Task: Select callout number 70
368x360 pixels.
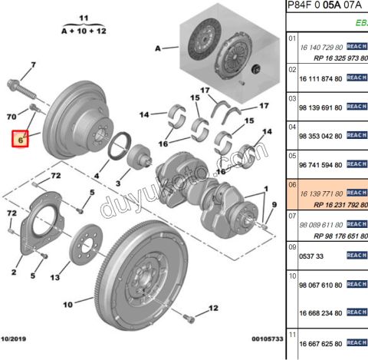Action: point(11,116)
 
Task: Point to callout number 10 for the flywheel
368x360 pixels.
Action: point(67,303)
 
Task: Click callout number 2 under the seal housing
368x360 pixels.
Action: point(14,272)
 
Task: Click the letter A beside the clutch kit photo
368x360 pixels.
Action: point(159,48)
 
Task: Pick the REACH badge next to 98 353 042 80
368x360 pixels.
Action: point(356,135)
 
